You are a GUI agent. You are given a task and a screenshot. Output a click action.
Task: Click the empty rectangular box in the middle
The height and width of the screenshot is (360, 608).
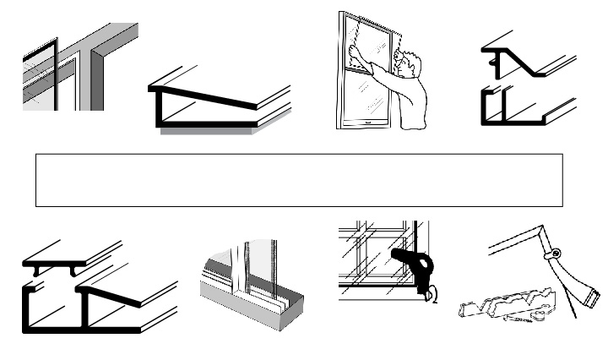coord(299,180)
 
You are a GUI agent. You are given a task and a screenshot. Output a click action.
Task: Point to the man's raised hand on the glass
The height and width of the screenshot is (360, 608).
coord(356,50)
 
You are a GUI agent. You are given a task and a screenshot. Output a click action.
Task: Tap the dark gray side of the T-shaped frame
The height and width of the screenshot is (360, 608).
coord(99,80)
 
